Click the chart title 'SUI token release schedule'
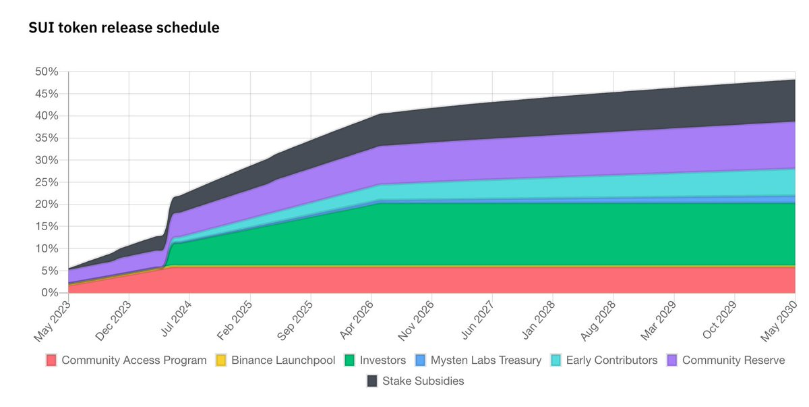coord(123,28)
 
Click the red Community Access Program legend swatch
coord(51,360)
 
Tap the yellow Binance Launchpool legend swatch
coord(221,360)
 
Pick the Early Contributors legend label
coord(611,360)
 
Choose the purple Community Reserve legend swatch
coord(672,360)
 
